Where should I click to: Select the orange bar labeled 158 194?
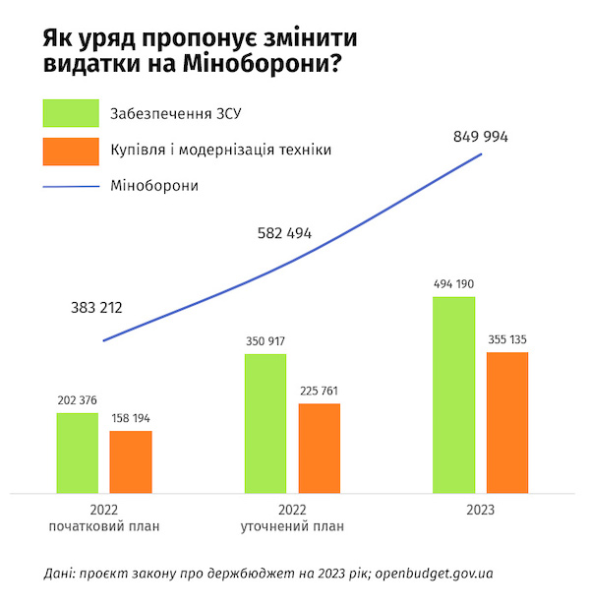[130, 461]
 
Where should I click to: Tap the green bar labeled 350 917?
[265, 423]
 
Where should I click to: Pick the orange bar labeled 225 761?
[319, 448]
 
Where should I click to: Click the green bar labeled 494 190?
[453, 394]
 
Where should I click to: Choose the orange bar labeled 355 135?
[506, 421]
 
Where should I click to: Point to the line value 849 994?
[481, 137]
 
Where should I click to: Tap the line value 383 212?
[96, 308]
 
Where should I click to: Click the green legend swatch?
[71, 113]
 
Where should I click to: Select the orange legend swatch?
[71, 151]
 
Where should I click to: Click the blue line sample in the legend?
[71, 185]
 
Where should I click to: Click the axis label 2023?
[480, 511]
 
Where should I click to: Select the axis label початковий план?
[104, 526]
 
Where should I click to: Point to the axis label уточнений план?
[292, 526]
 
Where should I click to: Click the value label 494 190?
[453, 284]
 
